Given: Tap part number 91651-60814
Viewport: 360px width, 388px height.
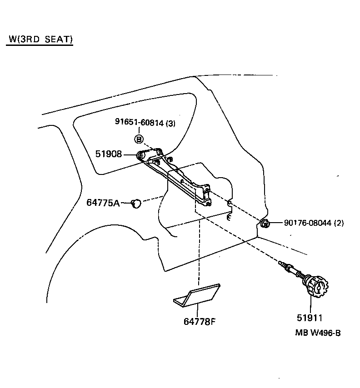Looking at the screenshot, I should coord(139,122).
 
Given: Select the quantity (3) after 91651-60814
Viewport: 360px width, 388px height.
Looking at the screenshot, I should coord(170,123).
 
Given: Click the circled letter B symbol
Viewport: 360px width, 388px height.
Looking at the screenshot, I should coord(139,139).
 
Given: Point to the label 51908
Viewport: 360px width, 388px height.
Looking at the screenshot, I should coord(109,154).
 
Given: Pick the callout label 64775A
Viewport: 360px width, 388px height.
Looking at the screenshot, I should coord(103,203).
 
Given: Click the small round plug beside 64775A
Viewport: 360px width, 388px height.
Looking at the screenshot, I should coord(136,204).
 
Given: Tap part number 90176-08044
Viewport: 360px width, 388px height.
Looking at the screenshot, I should coord(308,223).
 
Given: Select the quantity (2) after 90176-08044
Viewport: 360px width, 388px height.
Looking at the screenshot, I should coord(339,223).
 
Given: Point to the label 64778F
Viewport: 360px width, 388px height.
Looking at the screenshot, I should coord(199,322).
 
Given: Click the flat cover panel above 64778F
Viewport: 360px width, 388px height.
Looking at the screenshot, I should coord(197,295).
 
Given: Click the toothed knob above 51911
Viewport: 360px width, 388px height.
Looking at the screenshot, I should coord(316,288).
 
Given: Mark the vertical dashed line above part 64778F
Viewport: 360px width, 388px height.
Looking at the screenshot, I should coord(199,254).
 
